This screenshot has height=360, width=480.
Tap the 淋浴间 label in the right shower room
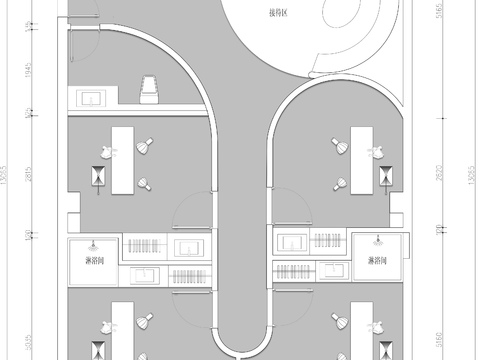[378, 261]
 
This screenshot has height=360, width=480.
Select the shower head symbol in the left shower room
[92, 243]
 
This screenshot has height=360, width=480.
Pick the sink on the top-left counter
[93, 97]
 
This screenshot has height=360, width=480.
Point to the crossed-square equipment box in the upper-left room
[98, 176]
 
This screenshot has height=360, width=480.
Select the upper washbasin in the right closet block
[293, 242]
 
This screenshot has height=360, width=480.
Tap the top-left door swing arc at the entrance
[85, 40]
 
